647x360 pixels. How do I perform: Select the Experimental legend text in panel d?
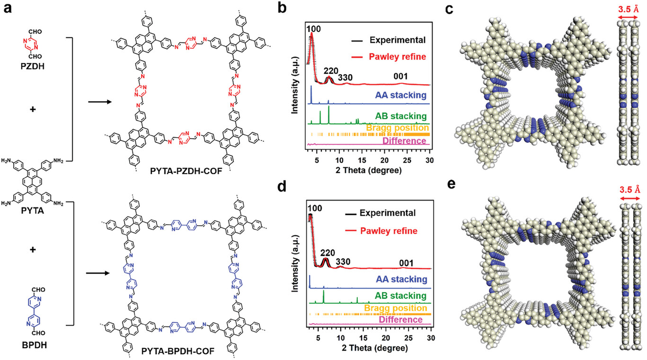point(387,213)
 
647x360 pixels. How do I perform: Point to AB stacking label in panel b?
point(400,116)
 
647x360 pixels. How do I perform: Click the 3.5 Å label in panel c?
point(629,9)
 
